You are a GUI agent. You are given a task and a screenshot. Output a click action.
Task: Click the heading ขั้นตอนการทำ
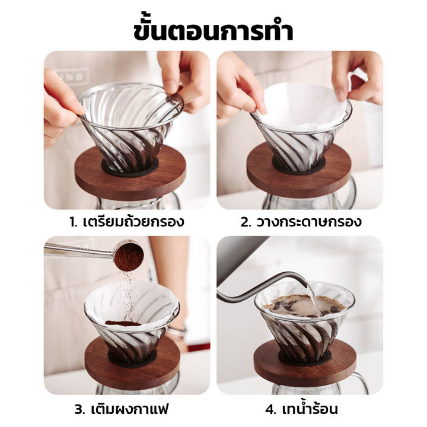(x=213, y=29)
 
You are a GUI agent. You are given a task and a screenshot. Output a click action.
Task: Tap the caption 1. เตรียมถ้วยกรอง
(x=126, y=223)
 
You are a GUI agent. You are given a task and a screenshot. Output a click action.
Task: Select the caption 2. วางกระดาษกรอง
(x=301, y=223)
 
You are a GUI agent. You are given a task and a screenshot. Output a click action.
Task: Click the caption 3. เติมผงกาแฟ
(x=126, y=409)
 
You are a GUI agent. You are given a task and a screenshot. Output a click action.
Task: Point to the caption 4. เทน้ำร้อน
(x=301, y=409)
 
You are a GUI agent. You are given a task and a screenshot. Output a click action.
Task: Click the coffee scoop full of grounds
(x=128, y=257)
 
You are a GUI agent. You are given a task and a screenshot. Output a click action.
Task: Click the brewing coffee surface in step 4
(x=297, y=305)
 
